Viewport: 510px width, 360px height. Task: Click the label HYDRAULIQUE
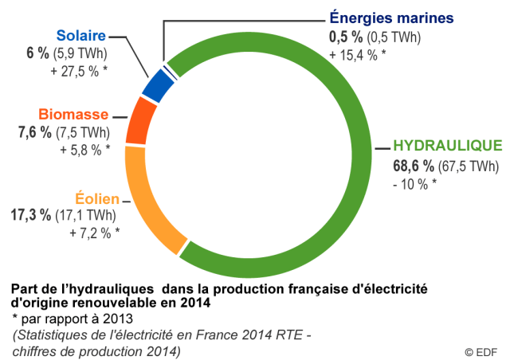[449, 146]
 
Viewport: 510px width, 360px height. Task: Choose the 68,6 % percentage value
[413, 166]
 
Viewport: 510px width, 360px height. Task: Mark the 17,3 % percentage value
[31, 216]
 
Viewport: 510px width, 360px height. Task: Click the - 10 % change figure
[415, 184]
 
